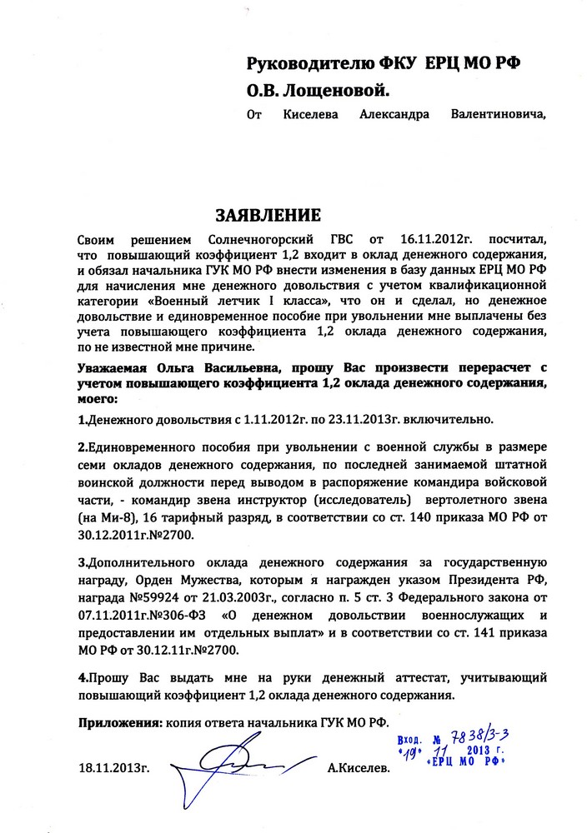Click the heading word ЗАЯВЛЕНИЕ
268,216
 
